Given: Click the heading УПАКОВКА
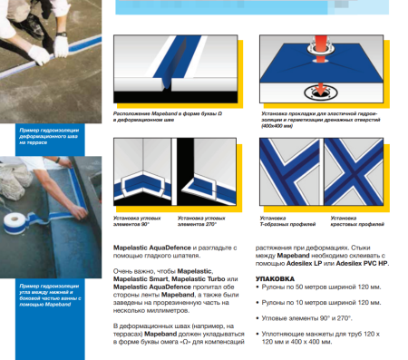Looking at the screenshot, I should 275,279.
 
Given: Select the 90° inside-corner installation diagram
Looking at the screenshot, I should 143,172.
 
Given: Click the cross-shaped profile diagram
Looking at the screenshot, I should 360,172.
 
